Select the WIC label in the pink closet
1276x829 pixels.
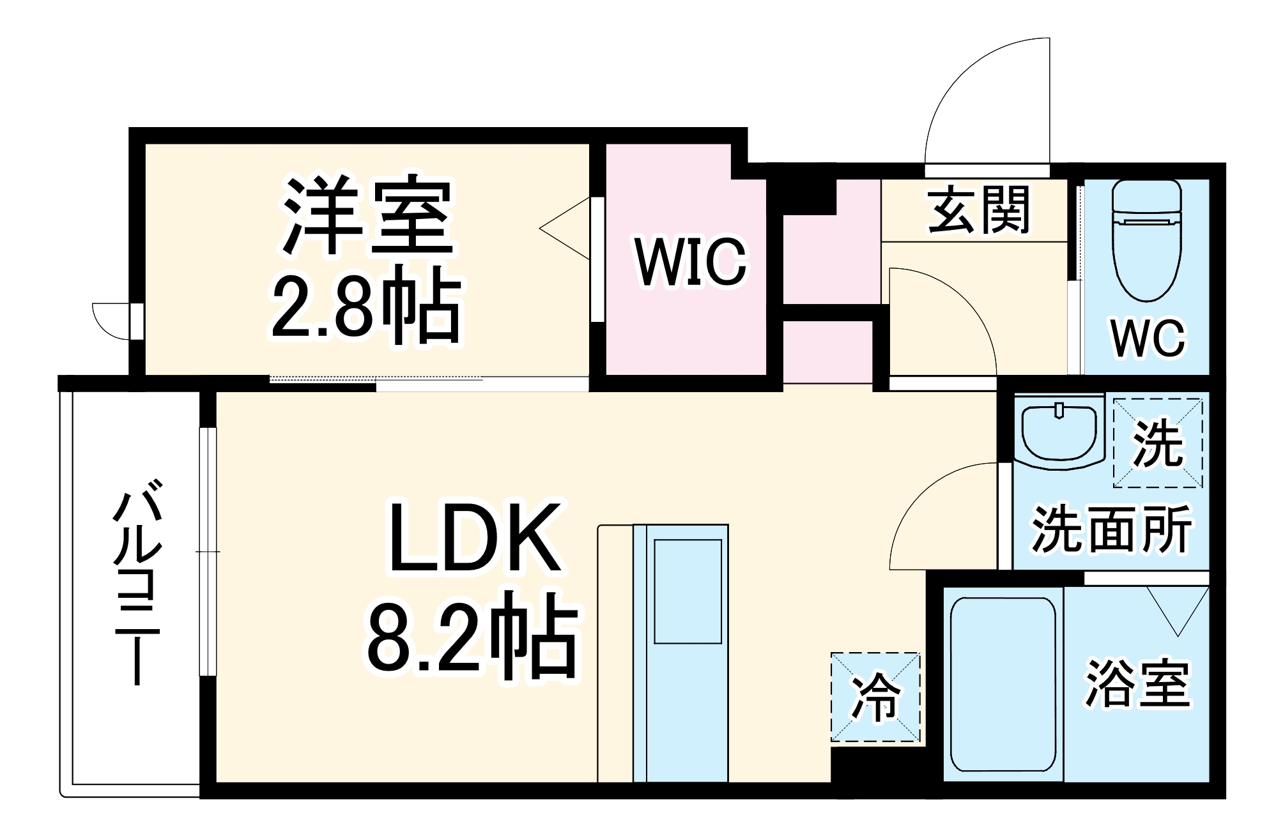coord(690,262)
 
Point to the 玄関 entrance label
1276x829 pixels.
coord(978,209)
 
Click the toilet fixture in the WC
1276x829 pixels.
coord(1146,240)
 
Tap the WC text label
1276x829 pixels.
coord(1148,338)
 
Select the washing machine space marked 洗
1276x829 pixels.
coord(1158,443)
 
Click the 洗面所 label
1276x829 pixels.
coord(1112,529)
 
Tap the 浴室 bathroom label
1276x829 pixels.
coord(1137,683)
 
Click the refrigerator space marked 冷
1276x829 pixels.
coord(875,697)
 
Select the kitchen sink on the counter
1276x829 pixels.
coord(688,591)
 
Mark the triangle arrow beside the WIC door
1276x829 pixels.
coord(565,228)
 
